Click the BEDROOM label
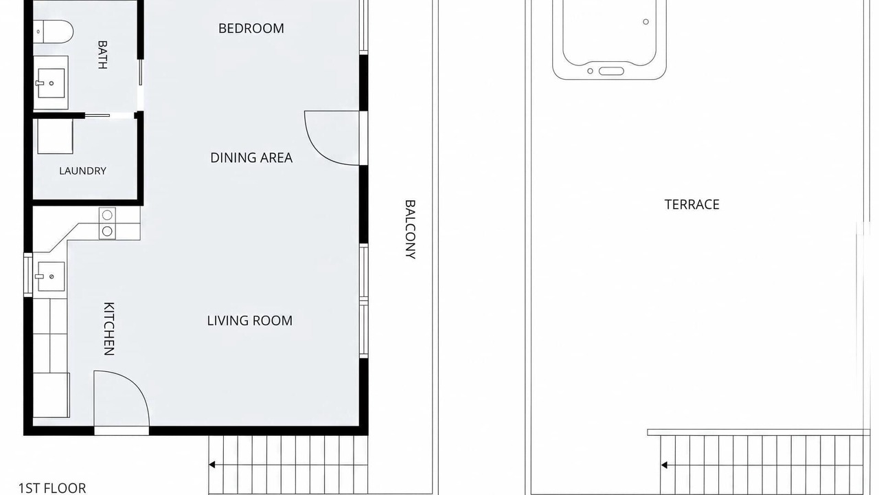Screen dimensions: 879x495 (251, 28)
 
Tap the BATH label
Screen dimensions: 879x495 (102, 54)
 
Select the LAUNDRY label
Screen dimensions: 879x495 (82, 171)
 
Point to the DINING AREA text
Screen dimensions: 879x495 (251, 158)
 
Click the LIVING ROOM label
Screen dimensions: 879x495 (249, 320)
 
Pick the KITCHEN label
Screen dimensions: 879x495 (109, 329)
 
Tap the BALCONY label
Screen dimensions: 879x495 (410, 230)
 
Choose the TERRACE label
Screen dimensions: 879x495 (692, 205)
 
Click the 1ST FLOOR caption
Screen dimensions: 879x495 (52, 488)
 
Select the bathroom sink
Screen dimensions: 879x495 (51, 83)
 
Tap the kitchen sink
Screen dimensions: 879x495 (51, 276)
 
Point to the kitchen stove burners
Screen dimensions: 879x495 (107, 223)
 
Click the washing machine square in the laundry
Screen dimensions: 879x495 (56, 136)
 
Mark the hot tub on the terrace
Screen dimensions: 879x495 (609, 39)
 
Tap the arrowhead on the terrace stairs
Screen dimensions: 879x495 (664, 465)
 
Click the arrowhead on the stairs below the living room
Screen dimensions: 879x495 (212, 465)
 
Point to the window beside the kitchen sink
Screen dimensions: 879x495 (28, 275)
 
